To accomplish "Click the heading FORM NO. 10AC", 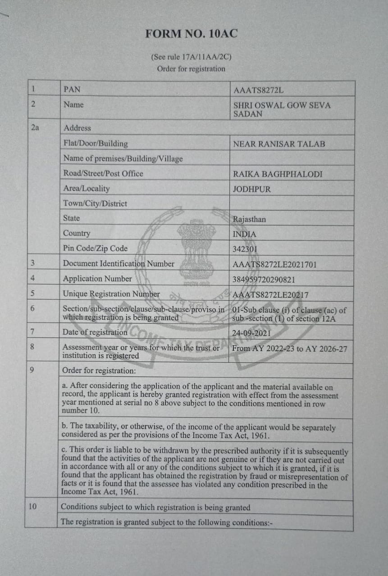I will point(191,34).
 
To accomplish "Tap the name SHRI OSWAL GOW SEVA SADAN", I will point(282,109).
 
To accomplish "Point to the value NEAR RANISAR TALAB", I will point(279,144).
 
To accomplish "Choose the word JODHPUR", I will point(252,189).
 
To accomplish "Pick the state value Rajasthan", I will point(249,220).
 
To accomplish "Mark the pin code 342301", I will point(245,249).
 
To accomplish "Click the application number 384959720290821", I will point(264,279).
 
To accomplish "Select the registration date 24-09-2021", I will point(251,333).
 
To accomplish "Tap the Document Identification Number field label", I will point(119,264).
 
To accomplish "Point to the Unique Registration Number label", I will point(111,294).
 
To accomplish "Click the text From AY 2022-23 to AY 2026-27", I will point(289,348).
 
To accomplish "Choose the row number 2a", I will point(35,128).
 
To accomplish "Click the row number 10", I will point(32,506).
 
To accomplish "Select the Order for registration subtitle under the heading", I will point(191,69).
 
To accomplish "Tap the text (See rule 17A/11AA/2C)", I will point(192,57).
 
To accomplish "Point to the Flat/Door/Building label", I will point(96,144).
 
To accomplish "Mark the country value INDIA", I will point(244,234).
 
